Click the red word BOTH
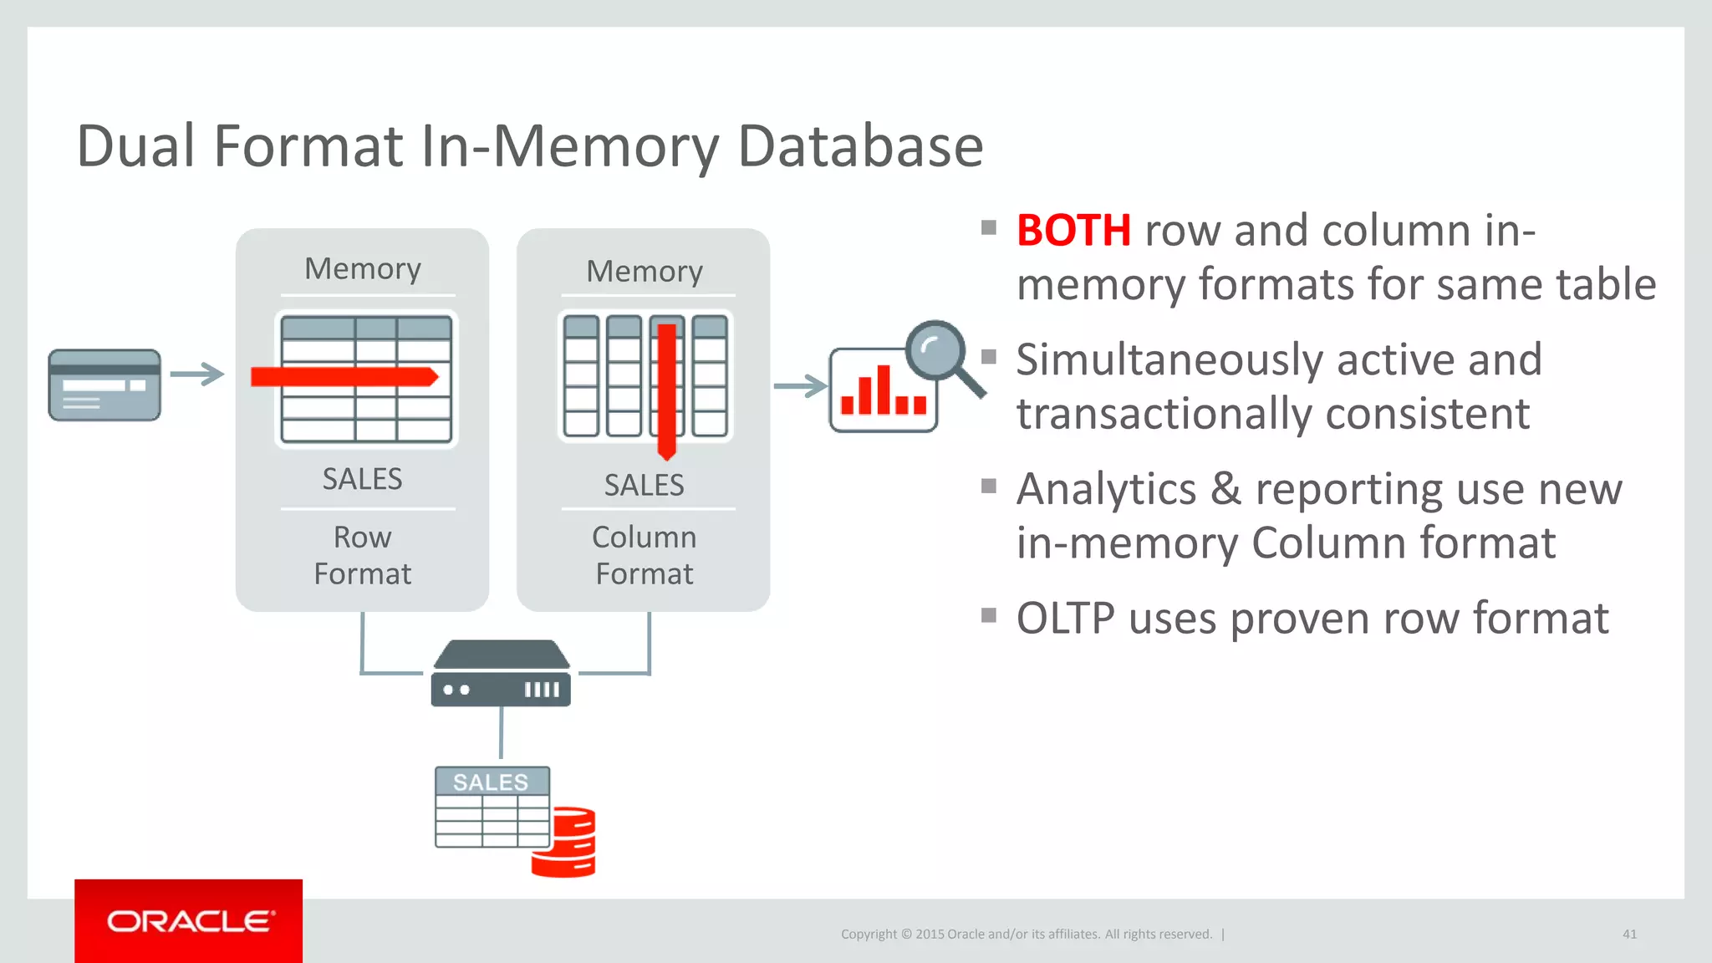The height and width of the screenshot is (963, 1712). (x=1073, y=231)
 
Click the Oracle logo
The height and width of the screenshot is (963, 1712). (x=190, y=921)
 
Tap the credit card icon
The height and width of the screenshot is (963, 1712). (x=104, y=385)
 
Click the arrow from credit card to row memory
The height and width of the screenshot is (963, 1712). (x=197, y=374)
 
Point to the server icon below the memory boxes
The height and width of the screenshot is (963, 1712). (x=501, y=675)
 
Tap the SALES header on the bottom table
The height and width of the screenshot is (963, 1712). (x=492, y=782)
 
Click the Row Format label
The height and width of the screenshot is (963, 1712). (x=362, y=555)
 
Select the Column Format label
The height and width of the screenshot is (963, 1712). (x=644, y=555)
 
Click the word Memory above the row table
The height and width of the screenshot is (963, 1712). (x=362, y=269)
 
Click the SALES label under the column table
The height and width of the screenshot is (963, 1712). (x=644, y=485)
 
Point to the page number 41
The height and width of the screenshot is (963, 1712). (x=1629, y=934)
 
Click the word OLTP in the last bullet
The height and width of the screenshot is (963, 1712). (x=1065, y=619)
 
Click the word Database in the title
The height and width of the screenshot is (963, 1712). (x=860, y=146)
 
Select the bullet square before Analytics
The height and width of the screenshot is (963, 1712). (x=989, y=486)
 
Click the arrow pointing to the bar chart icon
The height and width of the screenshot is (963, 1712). (x=800, y=386)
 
